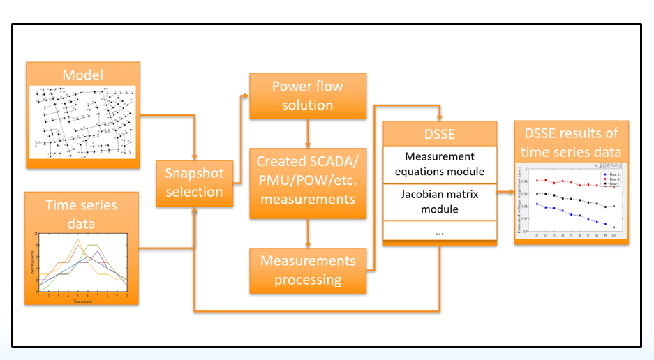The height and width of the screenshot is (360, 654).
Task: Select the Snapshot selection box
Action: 193,182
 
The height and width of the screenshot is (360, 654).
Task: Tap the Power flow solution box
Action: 308,96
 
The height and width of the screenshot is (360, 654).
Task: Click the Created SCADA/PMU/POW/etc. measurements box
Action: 308,180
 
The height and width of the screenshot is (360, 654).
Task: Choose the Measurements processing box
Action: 308,270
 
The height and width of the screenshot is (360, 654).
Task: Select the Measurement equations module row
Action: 440,165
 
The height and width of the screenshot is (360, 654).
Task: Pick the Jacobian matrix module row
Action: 440,201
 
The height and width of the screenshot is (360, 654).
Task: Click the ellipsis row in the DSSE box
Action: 440,232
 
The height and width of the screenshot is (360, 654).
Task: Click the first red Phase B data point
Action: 537,181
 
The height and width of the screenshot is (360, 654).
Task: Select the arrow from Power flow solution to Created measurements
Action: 308,133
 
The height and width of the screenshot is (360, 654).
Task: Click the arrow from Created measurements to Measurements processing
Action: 308,234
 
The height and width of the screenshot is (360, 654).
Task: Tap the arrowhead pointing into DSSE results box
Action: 510,189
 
